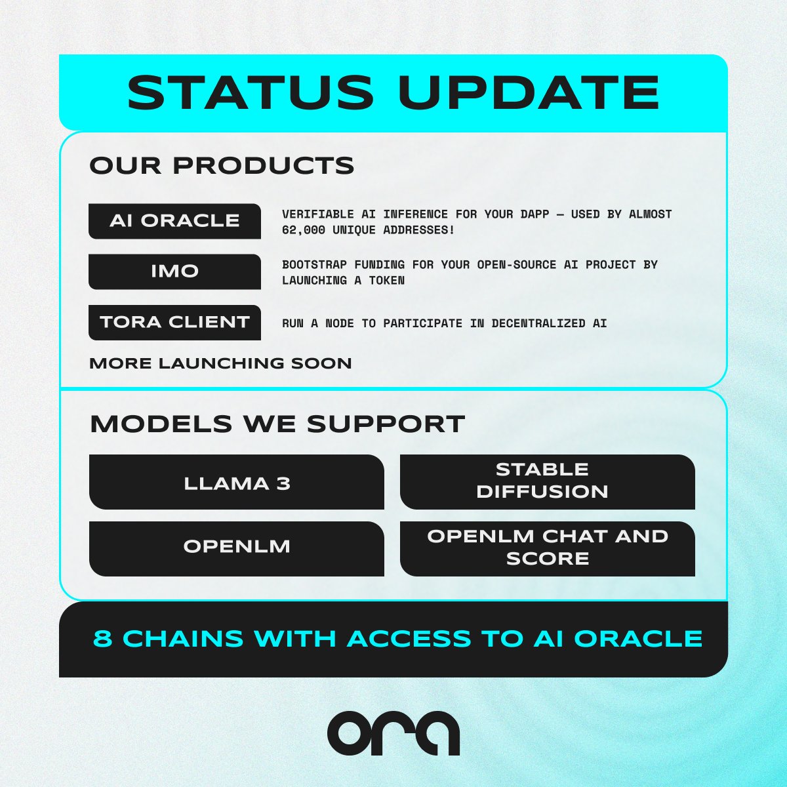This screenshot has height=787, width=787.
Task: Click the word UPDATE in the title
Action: coord(529,92)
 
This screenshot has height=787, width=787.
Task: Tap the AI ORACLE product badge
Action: coord(174,221)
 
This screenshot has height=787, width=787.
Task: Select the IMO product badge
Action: coord(174,272)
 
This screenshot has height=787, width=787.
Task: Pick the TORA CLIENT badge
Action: coord(174,322)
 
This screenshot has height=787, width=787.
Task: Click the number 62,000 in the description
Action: coord(304,230)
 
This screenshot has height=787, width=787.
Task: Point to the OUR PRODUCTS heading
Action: coord(222,166)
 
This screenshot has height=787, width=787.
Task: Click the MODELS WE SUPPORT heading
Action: coord(277,424)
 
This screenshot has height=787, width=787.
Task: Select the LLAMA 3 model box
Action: coord(236,483)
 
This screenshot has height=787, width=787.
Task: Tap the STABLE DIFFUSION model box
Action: coord(547,481)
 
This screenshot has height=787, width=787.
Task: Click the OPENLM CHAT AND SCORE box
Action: coord(547,548)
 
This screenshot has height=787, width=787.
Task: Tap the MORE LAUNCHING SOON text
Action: coord(220,363)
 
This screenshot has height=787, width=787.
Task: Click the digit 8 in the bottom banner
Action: coord(102,638)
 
